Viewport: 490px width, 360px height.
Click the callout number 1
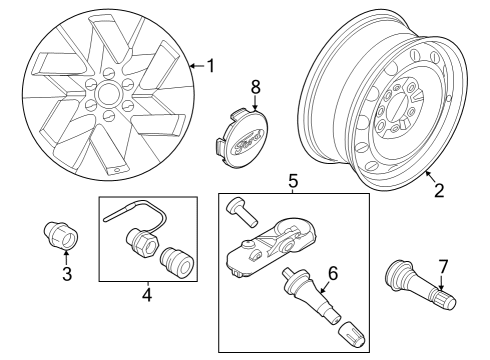coord(210,66)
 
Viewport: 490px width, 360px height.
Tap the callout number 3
coord(67,274)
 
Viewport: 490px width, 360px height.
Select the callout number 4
coord(147,295)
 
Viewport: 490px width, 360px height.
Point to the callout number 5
coord(293,181)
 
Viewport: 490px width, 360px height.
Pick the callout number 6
coord(333,271)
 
